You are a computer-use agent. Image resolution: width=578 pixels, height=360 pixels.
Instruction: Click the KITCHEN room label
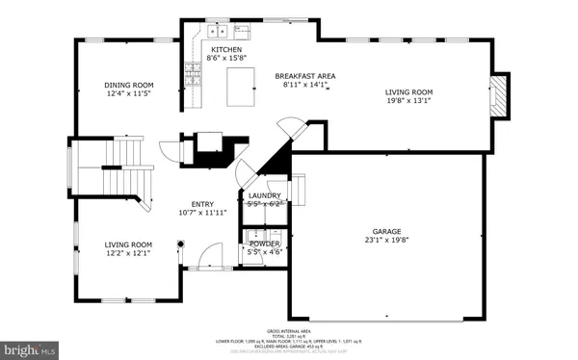226,49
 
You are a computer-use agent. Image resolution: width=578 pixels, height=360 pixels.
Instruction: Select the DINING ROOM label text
129,86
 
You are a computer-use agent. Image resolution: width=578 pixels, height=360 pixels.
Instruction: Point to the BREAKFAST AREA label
304,76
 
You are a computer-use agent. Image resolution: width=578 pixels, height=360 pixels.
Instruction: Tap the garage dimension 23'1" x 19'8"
386,242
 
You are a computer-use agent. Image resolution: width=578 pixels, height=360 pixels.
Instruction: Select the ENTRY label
202,203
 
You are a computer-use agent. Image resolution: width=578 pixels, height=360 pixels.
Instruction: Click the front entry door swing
203,255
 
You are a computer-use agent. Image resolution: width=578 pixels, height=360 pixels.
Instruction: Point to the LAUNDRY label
264,195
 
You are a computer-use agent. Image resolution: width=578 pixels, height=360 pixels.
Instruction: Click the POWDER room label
264,244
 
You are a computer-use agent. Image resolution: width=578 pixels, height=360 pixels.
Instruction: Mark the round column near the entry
180,244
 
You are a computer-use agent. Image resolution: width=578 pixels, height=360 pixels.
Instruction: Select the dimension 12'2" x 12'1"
129,255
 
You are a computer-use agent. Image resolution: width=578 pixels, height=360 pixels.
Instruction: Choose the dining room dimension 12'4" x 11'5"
129,95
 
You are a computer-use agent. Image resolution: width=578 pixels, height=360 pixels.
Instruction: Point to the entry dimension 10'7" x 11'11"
202,213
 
